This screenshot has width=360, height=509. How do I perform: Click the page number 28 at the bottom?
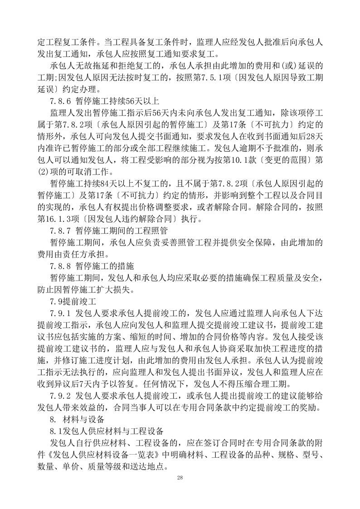click(x=180, y=478)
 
